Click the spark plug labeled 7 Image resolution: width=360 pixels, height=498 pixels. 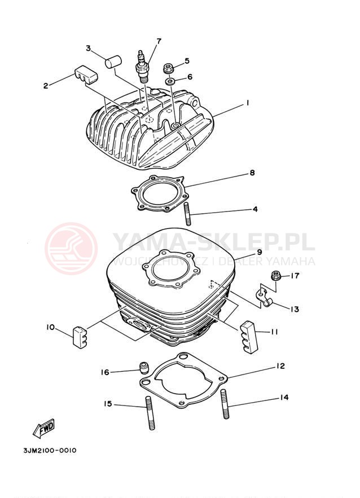tap(142, 67)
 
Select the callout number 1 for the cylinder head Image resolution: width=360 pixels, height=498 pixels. tap(247, 103)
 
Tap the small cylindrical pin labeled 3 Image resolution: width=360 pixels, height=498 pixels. tap(113, 61)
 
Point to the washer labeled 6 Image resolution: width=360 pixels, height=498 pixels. tap(170, 82)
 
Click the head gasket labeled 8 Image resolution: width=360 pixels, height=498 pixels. tap(159, 194)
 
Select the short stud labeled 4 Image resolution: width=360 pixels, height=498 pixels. tap(187, 214)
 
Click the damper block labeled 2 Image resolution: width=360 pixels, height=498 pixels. tap(86, 75)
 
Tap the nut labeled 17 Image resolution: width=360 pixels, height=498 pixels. tap(275, 276)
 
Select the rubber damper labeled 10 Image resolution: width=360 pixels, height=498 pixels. tap(80, 337)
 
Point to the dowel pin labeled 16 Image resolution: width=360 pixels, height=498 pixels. tap(144, 368)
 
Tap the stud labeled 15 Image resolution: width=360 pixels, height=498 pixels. tap(150, 413)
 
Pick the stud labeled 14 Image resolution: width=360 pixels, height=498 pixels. tap(225, 404)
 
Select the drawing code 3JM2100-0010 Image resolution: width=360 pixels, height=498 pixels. tap(50, 451)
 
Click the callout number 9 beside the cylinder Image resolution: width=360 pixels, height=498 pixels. tap(259, 252)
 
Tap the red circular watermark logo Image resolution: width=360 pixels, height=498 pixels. tap(71, 248)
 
